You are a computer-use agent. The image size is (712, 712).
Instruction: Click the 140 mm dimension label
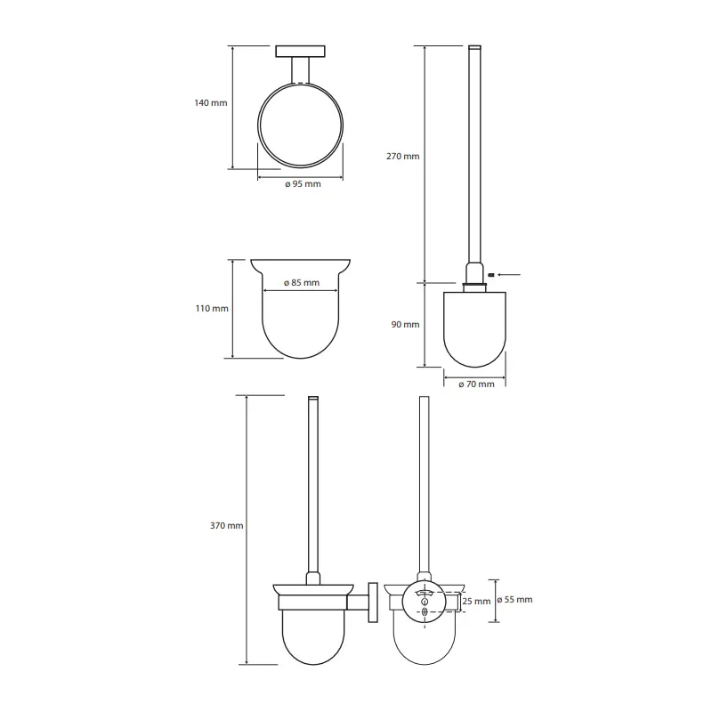pyautogui.click(x=211, y=103)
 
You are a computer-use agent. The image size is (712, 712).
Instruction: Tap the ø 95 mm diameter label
pyautogui.click(x=303, y=184)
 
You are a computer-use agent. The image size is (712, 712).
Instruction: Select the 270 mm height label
pyautogui.click(x=403, y=157)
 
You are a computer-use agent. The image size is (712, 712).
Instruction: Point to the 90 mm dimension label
pyautogui.click(x=406, y=325)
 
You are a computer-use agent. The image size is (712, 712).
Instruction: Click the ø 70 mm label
pyautogui.click(x=476, y=384)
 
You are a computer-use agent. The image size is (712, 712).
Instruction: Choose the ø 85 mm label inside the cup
pyautogui.click(x=302, y=282)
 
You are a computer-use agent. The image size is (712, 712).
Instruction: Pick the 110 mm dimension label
pyautogui.click(x=212, y=309)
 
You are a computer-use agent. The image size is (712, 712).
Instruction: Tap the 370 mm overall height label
pyautogui.click(x=227, y=526)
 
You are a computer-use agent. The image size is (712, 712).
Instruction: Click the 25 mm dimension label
pyautogui.click(x=476, y=602)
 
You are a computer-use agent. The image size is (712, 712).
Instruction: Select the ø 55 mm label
pyautogui.click(x=514, y=599)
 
